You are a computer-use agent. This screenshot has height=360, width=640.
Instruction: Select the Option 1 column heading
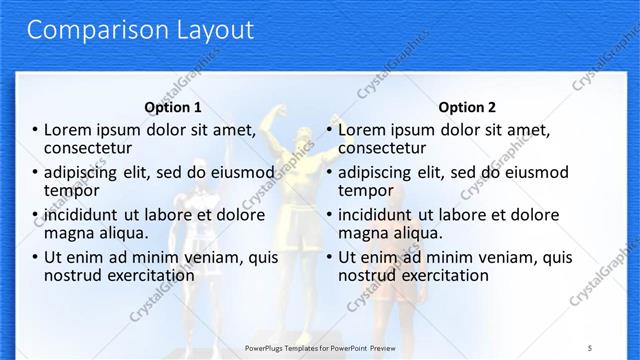[173, 107]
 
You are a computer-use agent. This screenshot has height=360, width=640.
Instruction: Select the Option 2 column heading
[466, 107]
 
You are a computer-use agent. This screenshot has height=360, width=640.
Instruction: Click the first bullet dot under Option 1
[36, 130]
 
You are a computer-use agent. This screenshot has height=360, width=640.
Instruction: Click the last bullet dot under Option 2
[329, 258]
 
